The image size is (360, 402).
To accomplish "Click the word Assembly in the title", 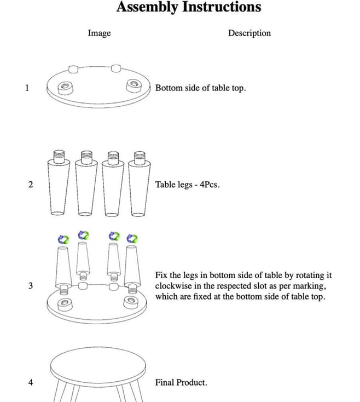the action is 147,7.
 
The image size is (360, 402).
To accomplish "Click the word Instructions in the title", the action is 222,7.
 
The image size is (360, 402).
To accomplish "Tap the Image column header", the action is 100,33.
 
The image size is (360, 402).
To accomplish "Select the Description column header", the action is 249,33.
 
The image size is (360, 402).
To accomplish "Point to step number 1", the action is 27,88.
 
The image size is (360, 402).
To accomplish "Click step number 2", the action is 31,185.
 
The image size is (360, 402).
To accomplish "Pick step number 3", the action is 31,285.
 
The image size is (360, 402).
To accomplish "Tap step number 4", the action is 31,382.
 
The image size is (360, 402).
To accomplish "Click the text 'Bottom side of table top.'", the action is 200,88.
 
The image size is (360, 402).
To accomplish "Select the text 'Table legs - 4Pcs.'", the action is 188,185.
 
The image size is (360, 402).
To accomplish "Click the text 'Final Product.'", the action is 181,382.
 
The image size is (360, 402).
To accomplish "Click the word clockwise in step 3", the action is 173,286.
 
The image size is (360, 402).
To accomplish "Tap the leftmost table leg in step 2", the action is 59,183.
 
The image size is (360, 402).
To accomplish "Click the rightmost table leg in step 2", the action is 140,183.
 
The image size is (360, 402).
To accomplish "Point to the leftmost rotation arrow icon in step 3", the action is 63,239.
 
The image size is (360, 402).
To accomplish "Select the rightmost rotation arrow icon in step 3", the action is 132,239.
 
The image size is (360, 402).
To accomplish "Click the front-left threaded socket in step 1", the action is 65,88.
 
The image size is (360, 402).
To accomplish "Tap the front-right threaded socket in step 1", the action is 134,85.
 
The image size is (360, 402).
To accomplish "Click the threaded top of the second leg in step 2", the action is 86,157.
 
